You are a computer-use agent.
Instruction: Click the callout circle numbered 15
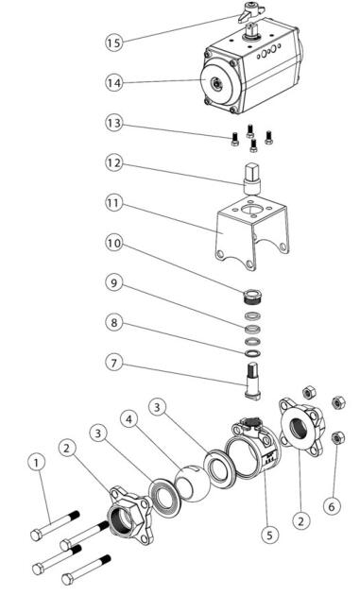click(114, 42)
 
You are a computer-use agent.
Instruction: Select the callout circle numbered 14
click(114, 83)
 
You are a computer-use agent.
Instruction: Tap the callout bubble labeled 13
click(114, 123)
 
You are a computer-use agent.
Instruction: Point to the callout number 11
click(114, 203)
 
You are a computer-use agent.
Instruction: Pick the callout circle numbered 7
click(114, 364)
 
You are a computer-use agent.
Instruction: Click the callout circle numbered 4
click(129, 419)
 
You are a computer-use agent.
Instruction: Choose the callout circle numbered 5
click(269, 535)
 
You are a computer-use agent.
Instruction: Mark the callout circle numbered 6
click(332, 506)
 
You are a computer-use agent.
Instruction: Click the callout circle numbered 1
click(37, 463)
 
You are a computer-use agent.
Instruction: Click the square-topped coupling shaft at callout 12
click(252, 178)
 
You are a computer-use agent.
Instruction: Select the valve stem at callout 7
click(252, 381)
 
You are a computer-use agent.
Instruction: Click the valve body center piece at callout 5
click(252, 447)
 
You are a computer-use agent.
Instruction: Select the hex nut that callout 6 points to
click(336, 438)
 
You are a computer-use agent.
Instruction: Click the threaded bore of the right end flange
click(298, 428)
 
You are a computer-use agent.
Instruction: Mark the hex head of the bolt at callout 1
click(36, 535)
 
